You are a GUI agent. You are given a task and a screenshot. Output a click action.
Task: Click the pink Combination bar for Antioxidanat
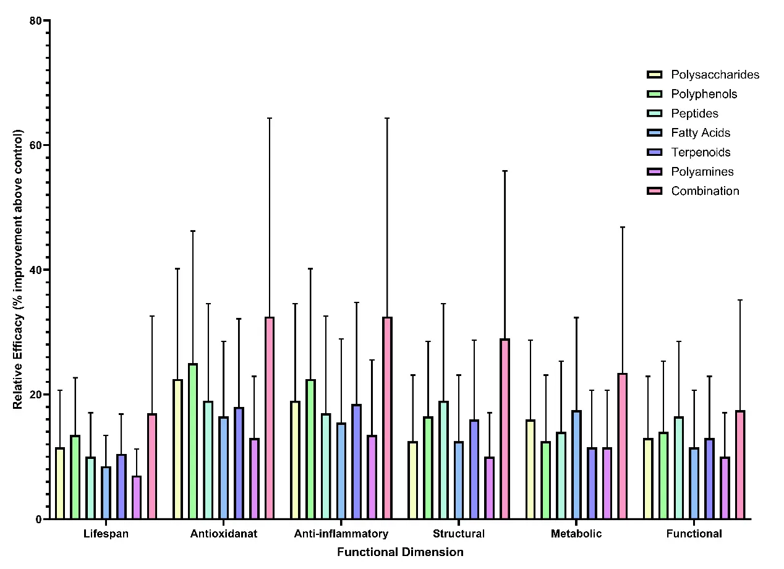[270, 418]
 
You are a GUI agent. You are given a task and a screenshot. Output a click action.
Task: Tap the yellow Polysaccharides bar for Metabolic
[530, 469]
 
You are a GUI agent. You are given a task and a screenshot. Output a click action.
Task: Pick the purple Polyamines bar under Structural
[489, 488]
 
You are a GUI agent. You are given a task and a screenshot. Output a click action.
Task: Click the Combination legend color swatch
[655, 191]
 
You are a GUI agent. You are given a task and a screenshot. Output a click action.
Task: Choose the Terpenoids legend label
[701, 152]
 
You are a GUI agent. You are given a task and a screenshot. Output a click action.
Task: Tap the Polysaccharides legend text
[715, 75]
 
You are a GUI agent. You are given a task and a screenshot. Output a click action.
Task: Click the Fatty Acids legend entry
[701, 133]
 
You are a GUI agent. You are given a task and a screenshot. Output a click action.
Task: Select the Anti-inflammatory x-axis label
[341, 534]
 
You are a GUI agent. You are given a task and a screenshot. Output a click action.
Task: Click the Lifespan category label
[106, 534]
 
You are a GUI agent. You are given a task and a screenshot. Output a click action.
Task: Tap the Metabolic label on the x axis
[576, 534]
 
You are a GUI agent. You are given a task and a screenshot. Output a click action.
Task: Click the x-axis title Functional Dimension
[400, 552]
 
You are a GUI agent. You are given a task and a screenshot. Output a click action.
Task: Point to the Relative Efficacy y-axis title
[19, 269]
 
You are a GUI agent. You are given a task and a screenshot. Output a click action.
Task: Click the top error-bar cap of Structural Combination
[505, 171]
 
